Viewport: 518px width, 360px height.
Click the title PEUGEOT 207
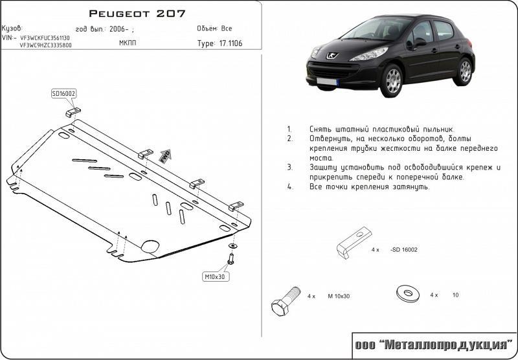point(136,14)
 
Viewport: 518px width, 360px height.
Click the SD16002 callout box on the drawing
point(63,94)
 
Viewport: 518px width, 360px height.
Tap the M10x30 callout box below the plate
point(214,276)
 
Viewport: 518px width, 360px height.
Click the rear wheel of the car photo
point(464,71)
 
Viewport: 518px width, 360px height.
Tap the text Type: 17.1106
point(220,44)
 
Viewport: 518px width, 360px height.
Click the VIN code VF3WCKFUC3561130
point(45,38)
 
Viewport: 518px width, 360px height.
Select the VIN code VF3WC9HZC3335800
point(45,45)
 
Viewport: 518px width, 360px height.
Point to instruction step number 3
point(289,167)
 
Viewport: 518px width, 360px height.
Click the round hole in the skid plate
point(150,247)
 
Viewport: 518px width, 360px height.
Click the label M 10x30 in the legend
point(338,296)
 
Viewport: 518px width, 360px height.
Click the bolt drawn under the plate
point(231,259)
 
